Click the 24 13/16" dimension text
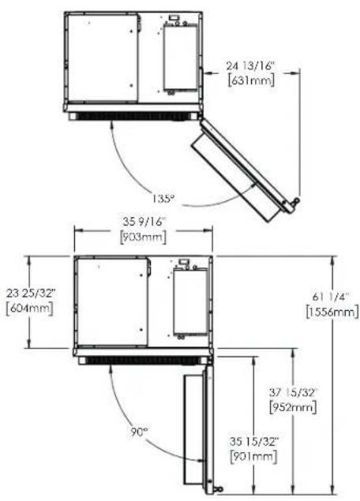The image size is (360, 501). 250,66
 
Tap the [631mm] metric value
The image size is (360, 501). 251,80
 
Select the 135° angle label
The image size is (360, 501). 163,199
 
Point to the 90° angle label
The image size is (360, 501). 139,432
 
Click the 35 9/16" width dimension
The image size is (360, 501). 144,221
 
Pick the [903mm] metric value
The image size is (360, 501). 143,237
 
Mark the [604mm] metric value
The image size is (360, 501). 30,308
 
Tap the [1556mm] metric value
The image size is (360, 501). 332,312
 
